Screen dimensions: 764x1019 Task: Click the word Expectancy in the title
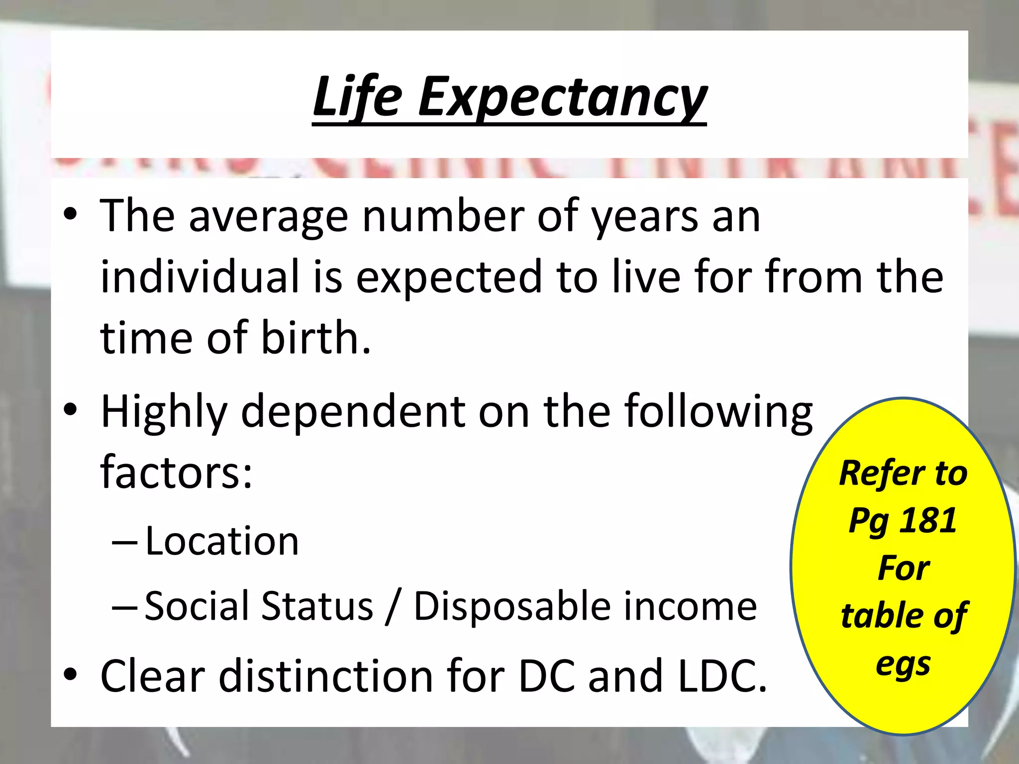562,98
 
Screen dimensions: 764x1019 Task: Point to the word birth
315,338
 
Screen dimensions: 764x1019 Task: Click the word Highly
164,412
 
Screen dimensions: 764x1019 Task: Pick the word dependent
353,412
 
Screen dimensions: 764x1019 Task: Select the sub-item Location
222,541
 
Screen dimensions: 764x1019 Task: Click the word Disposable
512,606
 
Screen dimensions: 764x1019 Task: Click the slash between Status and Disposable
394,607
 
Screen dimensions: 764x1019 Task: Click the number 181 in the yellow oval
928,521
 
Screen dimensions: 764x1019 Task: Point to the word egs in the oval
903,665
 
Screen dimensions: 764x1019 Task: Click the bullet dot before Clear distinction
71,674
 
